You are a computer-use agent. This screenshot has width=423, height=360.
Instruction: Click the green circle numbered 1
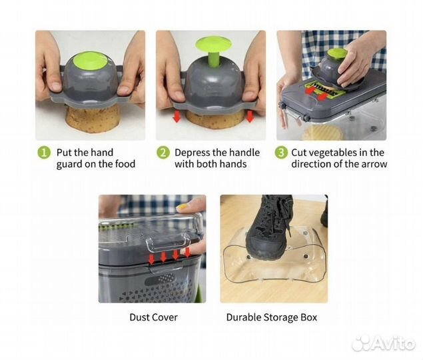click(x=44, y=153)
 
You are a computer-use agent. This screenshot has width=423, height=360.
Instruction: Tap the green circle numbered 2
click(x=163, y=153)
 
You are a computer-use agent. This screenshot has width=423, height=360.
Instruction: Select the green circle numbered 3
click(x=281, y=153)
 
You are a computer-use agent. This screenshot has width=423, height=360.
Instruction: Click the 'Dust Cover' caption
click(x=153, y=317)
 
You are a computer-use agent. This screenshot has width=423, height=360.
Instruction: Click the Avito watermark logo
click(x=383, y=343)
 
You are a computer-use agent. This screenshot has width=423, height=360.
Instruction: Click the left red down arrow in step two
click(x=177, y=117)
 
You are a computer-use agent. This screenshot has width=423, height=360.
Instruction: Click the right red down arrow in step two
click(x=250, y=116)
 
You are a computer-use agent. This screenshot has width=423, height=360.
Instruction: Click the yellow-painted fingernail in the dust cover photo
click(x=183, y=207)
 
